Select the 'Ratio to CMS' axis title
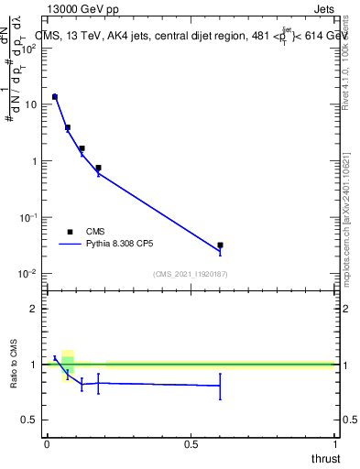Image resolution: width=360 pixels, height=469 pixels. coord(14,365)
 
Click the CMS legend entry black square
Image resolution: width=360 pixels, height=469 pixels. coord(71,232)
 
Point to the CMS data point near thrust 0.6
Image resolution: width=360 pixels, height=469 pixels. coord(220,245)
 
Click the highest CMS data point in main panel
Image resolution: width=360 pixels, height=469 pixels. coord(55,96)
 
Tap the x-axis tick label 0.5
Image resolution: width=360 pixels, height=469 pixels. coord(191,443)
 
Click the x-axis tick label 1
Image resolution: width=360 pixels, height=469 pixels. coord(334,443)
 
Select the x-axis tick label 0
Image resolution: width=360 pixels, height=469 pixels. coord(46,443)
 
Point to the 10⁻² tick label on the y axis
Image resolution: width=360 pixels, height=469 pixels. coord(27,274)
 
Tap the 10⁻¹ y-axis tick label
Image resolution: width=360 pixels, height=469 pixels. coord(27,217)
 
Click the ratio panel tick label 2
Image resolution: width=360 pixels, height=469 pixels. coord(33,309)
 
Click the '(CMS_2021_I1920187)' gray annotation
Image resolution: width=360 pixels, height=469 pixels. coord(190,274)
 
